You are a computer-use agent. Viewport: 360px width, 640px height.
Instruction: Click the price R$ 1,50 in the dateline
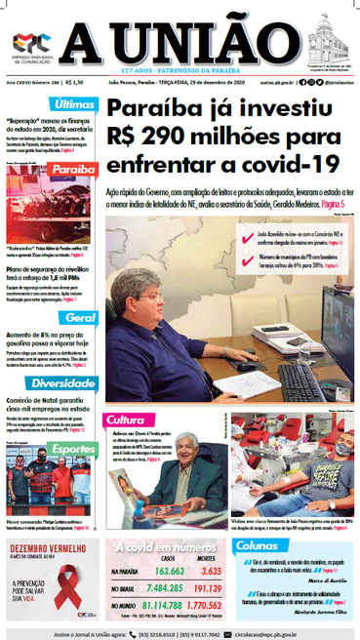click(x=75, y=86)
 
